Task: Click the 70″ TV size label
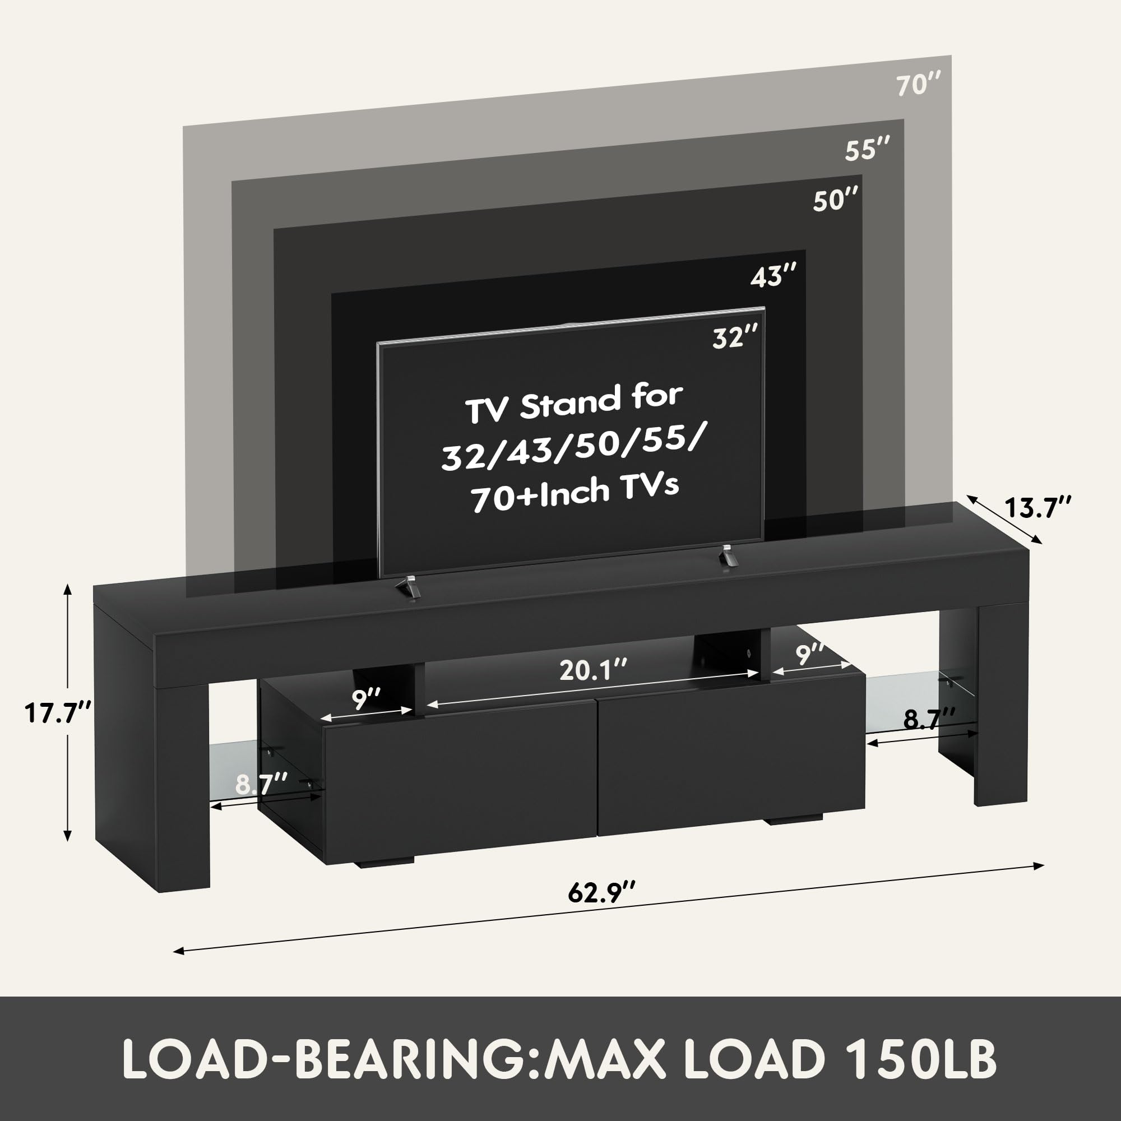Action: [x=919, y=86]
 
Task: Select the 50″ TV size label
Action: [x=835, y=200]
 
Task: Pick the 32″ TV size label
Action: [x=735, y=337]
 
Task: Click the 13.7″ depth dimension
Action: [x=1037, y=508]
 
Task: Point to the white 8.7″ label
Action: [x=261, y=786]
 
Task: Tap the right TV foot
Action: [x=728, y=556]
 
